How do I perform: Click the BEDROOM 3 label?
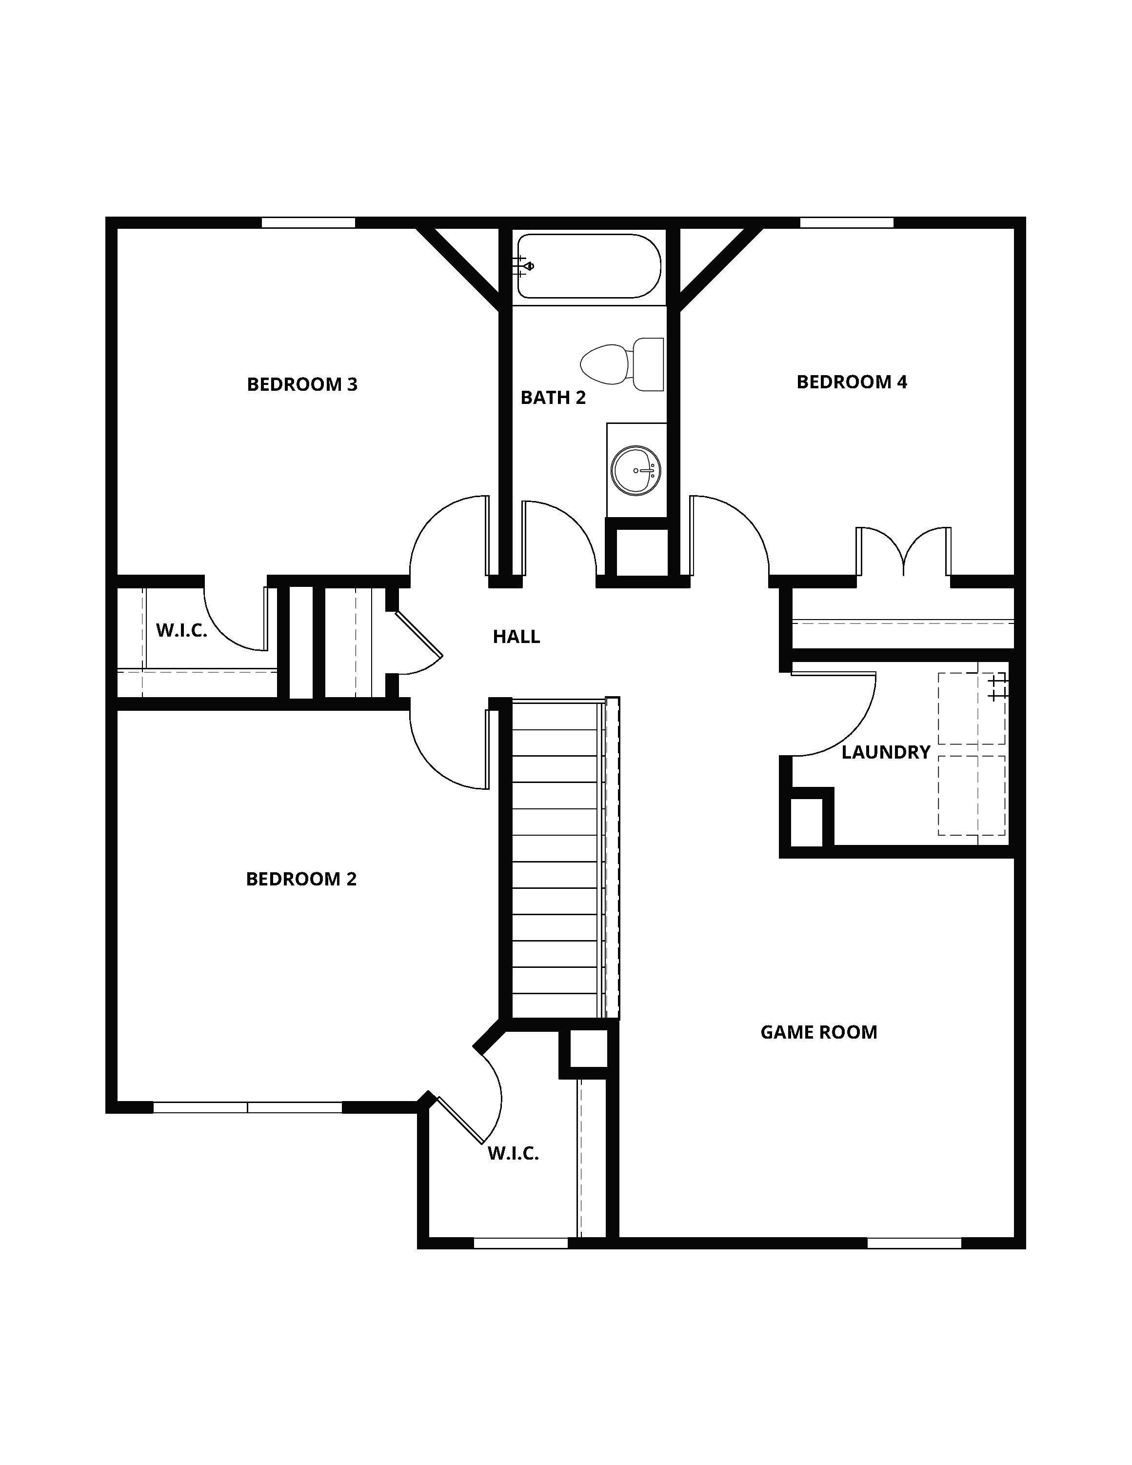[302, 384]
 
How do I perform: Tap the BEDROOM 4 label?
[852, 381]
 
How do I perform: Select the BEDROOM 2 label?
[301, 879]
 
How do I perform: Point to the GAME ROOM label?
[819, 1032]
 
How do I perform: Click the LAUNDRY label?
[886, 752]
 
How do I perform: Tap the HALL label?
[516, 637]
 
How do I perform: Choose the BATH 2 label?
[553, 398]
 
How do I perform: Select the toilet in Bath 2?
[622, 364]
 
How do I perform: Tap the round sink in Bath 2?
[636, 471]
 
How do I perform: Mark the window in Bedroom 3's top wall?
[308, 222]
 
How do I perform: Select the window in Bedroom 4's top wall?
[847, 222]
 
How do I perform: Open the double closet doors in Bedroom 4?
[903, 551]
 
